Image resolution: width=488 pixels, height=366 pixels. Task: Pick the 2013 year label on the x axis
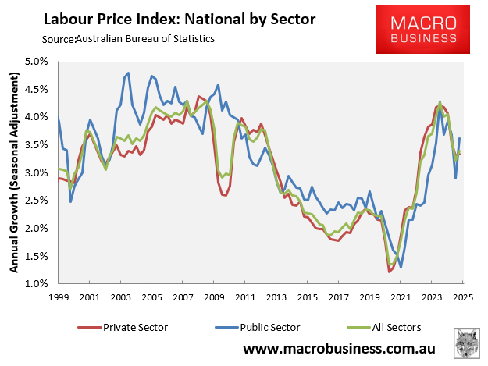(276, 297)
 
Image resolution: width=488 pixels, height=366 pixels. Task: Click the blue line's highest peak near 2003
(127, 73)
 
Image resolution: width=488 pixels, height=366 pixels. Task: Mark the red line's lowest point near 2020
(389, 272)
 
